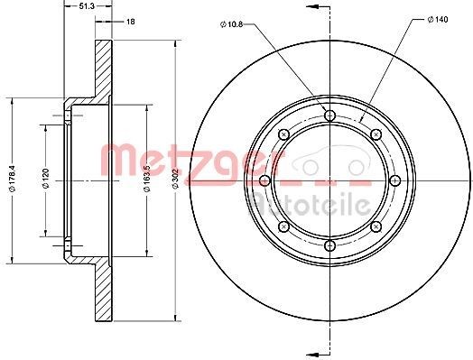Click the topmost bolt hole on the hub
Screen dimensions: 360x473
[x=329, y=115]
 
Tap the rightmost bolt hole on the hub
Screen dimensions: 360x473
[x=394, y=180]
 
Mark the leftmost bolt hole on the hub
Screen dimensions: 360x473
[x=264, y=180]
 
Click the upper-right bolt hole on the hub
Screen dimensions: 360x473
[x=375, y=134]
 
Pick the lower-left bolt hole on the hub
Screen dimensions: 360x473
[x=283, y=226]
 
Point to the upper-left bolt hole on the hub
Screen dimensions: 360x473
[x=283, y=134]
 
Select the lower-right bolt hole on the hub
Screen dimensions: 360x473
[x=375, y=226]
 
